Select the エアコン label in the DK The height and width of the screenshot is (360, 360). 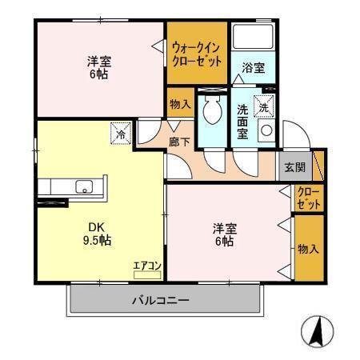tap(147, 266)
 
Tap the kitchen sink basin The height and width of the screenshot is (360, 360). tap(82, 187)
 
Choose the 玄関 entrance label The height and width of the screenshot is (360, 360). tap(294, 168)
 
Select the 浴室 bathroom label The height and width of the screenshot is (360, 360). tap(254, 68)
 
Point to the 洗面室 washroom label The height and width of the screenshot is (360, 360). tap(243, 120)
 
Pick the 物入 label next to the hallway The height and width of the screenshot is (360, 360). tap(180, 104)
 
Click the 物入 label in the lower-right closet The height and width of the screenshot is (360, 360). tap(308, 250)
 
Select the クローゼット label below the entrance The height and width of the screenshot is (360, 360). tap(308, 198)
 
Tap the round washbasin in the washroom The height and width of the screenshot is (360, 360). tap(266, 129)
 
